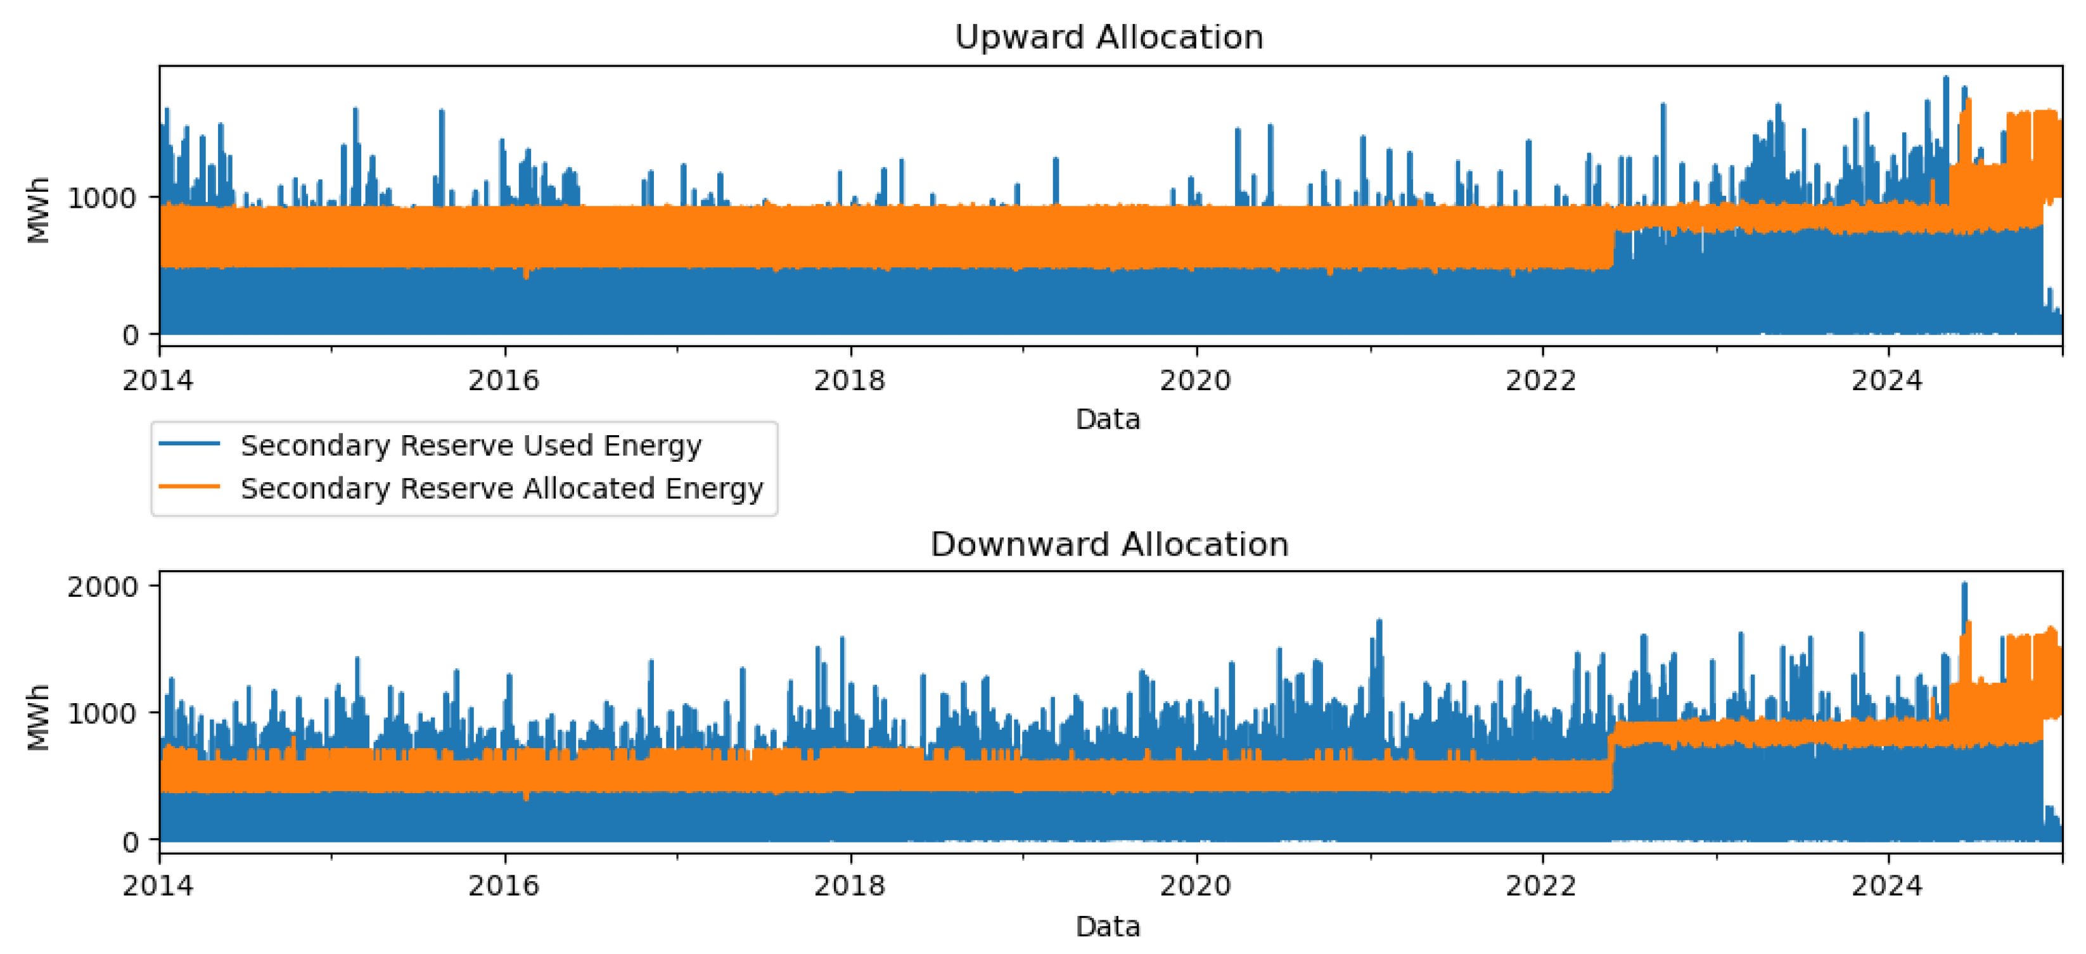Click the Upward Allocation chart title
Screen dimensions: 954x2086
(x=1109, y=37)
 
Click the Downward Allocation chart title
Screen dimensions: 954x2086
(x=1109, y=544)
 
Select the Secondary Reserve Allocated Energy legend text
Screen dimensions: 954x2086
(x=501, y=488)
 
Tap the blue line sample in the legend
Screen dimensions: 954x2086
(x=189, y=443)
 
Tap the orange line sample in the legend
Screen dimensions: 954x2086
(x=189, y=486)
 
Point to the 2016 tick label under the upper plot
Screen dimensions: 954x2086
(x=503, y=380)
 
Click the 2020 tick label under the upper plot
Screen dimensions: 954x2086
(x=1195, y=380)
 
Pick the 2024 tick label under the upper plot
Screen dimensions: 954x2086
(x=1887, y=380)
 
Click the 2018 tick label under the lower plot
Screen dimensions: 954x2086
(x=850, y=886)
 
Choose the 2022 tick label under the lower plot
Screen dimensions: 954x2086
(x=1541, y=886)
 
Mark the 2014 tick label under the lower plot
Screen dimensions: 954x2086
(x=158, y=886)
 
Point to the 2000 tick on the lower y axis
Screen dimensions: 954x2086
(x=103, y=587)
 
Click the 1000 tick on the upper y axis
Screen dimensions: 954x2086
(x=103, y=198)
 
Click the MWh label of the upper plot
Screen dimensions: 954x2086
(x=38, y=209)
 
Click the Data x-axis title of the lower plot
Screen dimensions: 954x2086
(x=1108, y=927)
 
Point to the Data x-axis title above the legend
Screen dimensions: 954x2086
(x=1108, y=419)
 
